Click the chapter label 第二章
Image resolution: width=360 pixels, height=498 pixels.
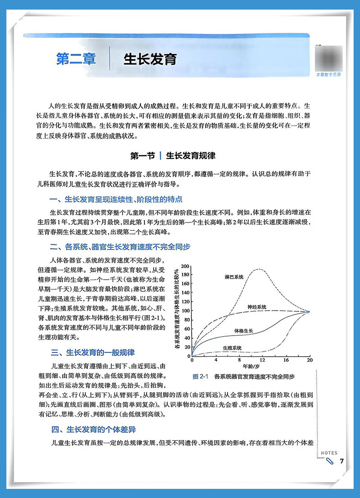76,59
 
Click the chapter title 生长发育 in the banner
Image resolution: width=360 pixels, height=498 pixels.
150,60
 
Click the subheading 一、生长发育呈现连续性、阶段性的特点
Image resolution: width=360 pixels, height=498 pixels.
116,200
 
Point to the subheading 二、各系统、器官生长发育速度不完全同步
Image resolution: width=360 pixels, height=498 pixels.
120,247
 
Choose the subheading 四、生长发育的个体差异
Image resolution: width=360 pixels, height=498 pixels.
93,430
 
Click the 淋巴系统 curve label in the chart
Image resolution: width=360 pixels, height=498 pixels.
234,277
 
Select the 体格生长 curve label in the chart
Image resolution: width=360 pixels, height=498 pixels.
244,330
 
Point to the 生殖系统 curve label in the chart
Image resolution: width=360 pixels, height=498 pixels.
232,348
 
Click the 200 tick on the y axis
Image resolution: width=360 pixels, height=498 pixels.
185,266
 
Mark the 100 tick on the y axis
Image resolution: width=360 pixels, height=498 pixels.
185,311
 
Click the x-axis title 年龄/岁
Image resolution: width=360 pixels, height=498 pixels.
251,366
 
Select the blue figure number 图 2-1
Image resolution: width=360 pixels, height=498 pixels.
200,377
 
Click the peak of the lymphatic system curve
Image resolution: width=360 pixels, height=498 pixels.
259,269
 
